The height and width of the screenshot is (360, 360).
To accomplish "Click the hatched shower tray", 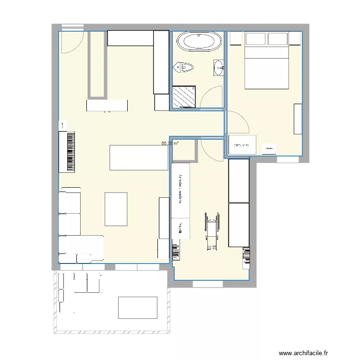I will pos(184,97).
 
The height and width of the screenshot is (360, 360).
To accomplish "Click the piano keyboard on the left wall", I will pos(67,151).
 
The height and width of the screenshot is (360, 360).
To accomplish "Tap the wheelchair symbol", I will pos(211,231).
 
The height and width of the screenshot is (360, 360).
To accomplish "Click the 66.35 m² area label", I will pos(170,143).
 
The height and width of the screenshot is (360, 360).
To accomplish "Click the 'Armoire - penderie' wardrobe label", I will pos(180,190).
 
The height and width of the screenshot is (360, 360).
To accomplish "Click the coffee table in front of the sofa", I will pos(116,209).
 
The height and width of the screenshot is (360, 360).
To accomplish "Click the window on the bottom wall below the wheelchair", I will pos(208,284).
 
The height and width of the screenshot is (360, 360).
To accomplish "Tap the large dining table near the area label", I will pos(138,157).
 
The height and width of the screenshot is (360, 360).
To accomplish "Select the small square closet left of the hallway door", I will pos(184,149).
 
